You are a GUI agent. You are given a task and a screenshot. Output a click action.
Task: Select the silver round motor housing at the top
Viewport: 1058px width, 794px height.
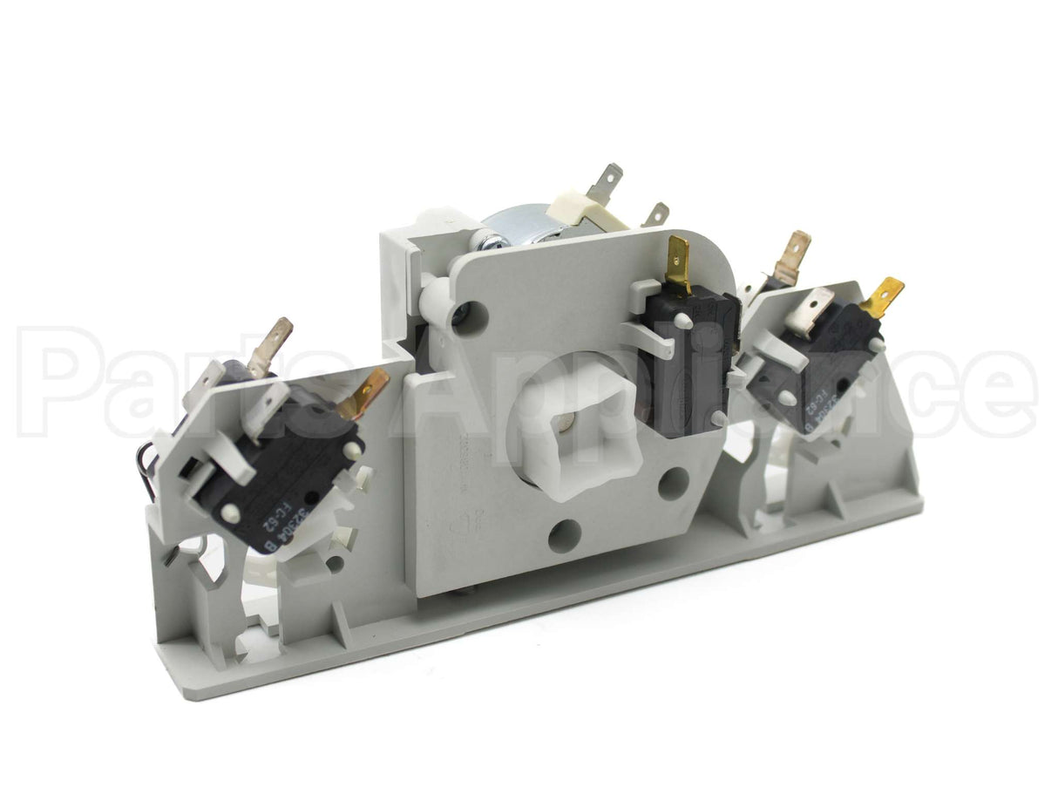[x=514, y=218]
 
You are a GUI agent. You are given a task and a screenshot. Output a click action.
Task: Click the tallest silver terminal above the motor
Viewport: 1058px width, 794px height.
[x=607, y=181]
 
